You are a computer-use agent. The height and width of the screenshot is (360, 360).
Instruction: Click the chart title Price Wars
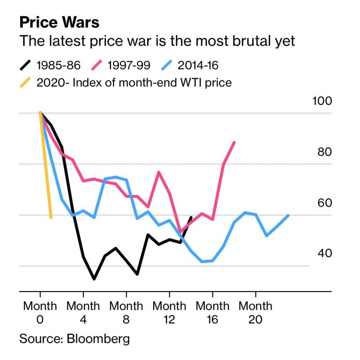point(59,23)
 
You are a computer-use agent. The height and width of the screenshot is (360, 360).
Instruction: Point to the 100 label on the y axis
point(322,101)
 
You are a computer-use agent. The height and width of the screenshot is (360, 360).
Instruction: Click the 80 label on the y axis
point(324,152)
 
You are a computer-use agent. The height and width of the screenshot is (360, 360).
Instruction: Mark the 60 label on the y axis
point(324,203)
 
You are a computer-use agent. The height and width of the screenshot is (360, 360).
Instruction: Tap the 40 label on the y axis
point(324,253)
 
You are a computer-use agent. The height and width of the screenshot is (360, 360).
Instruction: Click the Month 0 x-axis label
point(40,312)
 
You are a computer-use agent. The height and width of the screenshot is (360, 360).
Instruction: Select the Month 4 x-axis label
point(83,312)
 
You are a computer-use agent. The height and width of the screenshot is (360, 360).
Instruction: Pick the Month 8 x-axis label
point(126,312)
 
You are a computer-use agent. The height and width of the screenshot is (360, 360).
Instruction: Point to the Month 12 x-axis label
point(169,312)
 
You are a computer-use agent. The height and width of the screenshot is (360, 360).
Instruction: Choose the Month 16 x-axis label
point(212,312)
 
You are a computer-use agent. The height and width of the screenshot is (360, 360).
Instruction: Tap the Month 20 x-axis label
point(255,312)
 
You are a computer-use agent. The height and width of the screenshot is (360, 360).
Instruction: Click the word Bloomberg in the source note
point(99,339)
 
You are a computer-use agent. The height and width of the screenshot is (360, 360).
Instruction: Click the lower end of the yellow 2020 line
point(51,217)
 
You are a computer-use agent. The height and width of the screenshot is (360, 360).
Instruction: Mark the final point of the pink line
point(234,142)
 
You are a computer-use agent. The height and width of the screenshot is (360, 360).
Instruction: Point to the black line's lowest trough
point(94,279)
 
